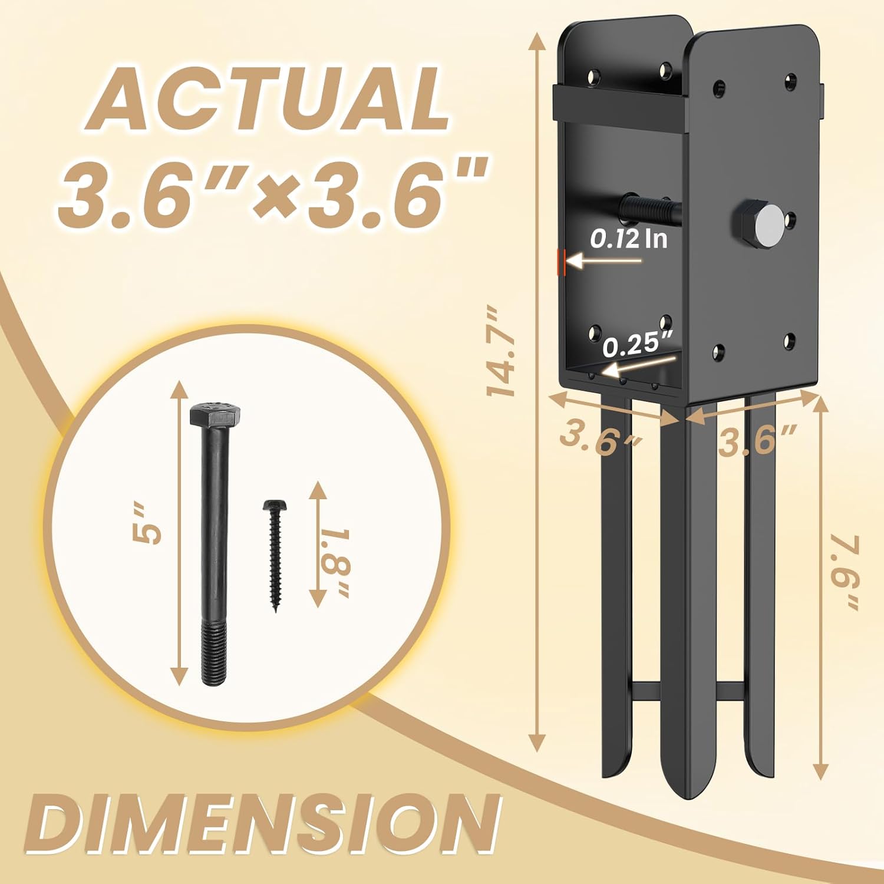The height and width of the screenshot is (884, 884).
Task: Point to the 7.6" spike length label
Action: click(847, 572)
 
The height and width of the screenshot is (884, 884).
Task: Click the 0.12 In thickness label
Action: click(629, 239)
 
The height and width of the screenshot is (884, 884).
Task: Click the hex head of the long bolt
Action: click(215, 415)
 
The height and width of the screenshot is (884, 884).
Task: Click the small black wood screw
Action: click(274, 554)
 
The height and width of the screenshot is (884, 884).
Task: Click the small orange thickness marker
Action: click(562, 261)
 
